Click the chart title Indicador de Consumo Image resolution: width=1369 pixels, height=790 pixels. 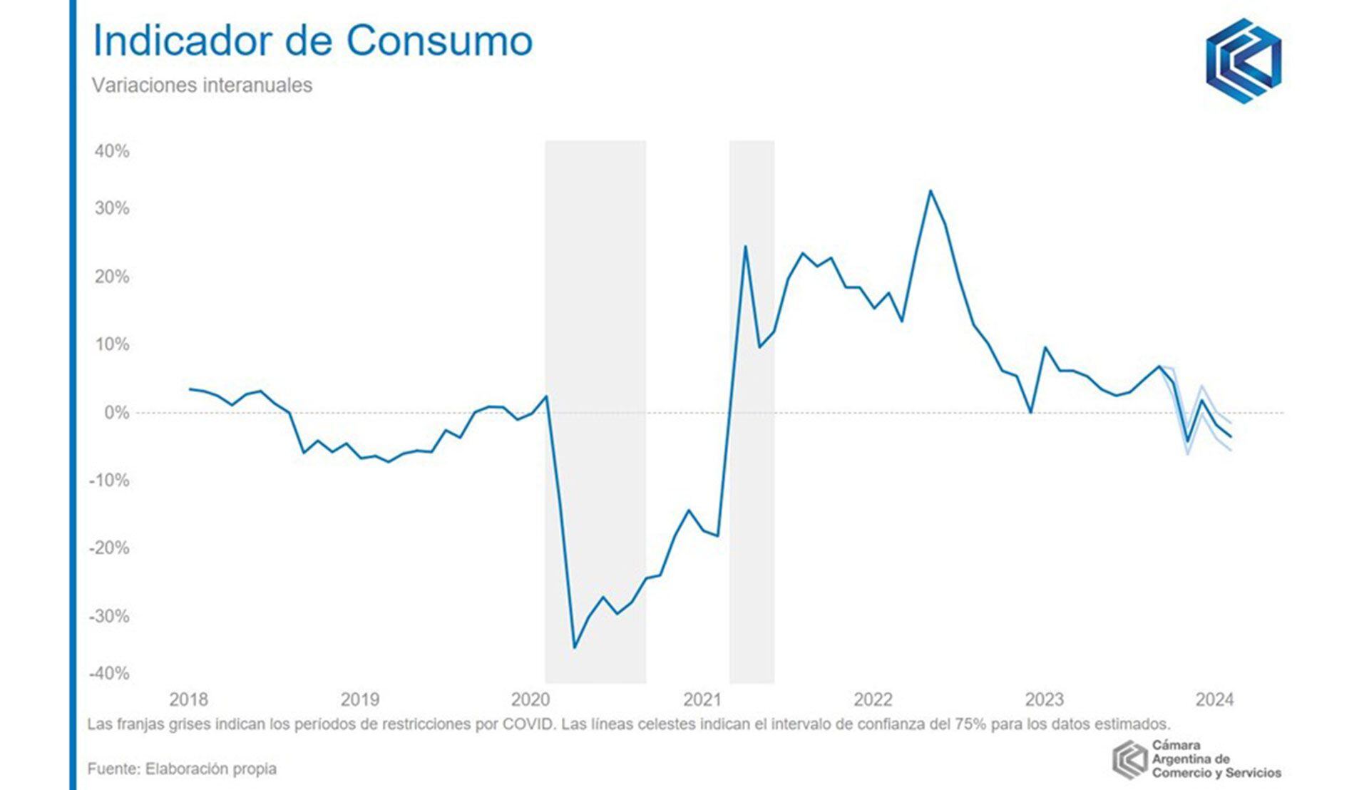click(x=312, y=41)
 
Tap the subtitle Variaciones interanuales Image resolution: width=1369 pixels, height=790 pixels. click(x=202, y=86)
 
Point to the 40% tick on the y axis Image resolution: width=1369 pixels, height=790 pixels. click(x=112, y=151)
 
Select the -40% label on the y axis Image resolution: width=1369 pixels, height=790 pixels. click(x=109, y=673)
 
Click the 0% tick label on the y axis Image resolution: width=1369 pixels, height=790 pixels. click(x=117, y=413)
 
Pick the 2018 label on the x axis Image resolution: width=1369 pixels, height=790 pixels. click(x=188, y=699)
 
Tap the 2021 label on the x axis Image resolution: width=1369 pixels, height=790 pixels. click(x=702, y=699)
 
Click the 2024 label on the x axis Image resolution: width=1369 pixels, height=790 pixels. click(x=1214, y=699)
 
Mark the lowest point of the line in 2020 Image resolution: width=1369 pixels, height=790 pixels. click(x=575, y=647)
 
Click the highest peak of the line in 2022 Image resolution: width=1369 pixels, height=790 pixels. click(x=930, y=191)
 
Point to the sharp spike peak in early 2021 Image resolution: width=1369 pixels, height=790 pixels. click(x=745, y=247)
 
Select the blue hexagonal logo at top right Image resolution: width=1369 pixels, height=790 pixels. click(x=1244, y=61)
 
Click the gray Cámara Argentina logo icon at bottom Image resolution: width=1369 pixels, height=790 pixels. click(x=1129, y=759)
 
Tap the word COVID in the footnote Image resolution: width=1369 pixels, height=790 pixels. click(x=528, y=724)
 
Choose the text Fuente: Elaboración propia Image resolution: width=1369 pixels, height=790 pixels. click(x=182, y=769)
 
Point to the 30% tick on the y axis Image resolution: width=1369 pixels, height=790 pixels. click(x=112, y=208)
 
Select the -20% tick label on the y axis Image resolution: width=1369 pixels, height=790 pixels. click(x=109, y=548)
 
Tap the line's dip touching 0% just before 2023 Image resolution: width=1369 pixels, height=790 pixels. click(x=1030, y=412)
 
